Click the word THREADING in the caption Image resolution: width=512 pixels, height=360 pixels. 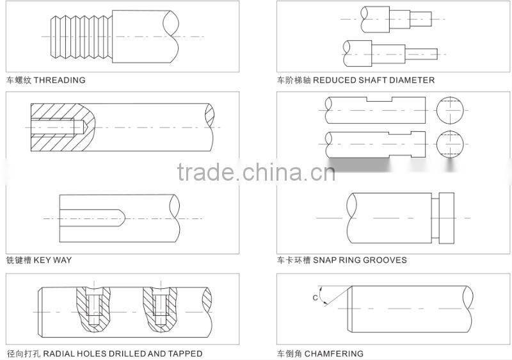pyautogui.click(x=59, y=81)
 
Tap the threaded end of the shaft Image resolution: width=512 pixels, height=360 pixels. pyautogui.click(x=73, y=37)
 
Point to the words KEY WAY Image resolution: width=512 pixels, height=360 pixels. pyautogui.click(x=52, y=260)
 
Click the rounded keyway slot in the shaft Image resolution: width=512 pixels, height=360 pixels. pyautogui.click(x=90, y=218)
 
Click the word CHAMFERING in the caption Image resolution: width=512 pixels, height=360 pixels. pyautogui.click(x=333, y=354)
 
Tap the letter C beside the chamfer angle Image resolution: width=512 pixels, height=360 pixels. pyautogui.click(x=315, y=297)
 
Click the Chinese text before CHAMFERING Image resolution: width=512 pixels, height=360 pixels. pyautogui.click(x=289, y=354)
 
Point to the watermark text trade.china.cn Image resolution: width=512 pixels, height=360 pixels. pyautogui.click(x=256, y=172)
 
